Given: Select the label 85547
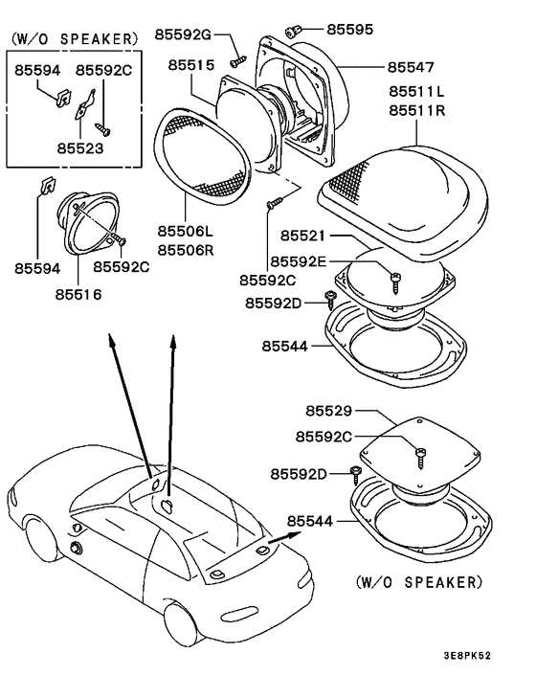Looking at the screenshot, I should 411,68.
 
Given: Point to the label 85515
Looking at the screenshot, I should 191,64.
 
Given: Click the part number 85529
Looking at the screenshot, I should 331,411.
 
